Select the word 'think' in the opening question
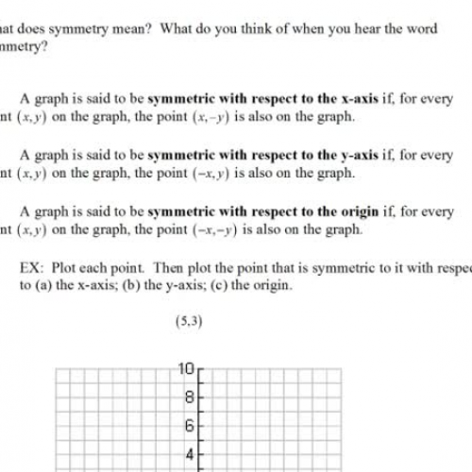pos(211,28)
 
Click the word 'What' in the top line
pos(8,28)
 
